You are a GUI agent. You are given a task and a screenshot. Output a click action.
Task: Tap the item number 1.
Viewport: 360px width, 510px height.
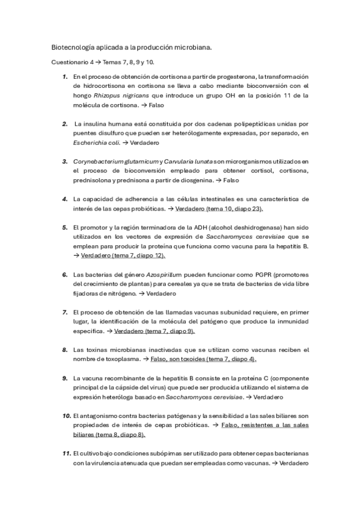tap(64, 76)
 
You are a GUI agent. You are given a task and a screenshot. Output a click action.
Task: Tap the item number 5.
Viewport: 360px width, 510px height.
tap(64, 227)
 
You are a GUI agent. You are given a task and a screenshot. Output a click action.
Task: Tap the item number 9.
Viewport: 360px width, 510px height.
tap(64, 378)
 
